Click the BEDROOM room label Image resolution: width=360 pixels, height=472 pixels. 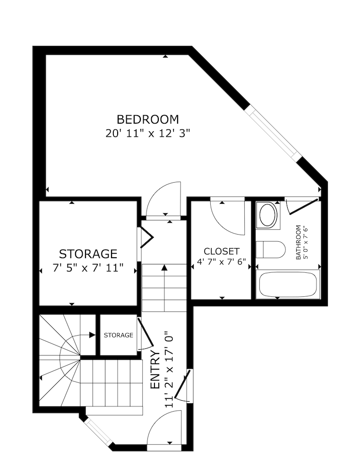pos(148,119)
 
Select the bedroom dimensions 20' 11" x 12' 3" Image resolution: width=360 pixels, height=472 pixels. pos(148,133)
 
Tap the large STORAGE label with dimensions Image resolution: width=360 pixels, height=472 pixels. pos(88,254)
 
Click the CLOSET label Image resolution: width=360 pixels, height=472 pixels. pos(222,251)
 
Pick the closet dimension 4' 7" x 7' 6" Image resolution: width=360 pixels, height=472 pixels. pos(222,262)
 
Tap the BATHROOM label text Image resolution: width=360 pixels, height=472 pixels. pos(298,243)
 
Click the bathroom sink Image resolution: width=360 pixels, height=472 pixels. pos(268,215)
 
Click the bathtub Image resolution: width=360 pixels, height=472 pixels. pos(289,284)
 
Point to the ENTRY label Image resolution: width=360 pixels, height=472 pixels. pos(154,370)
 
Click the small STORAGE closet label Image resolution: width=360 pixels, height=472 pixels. pos(118,335)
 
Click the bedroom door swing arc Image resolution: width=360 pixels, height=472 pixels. pos(164,198)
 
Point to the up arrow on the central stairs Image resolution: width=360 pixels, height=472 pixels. pos(164,268)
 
